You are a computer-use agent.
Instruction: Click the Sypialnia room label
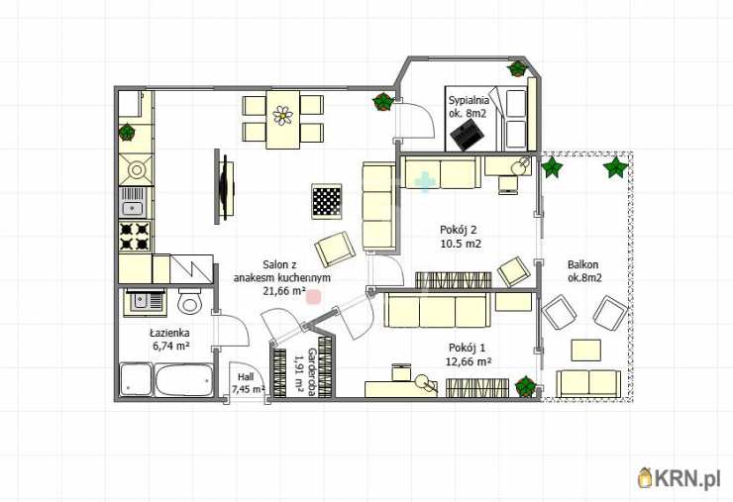click(469, 100)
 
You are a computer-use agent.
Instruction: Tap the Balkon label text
click(583, 264)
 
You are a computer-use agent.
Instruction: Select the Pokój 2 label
click(458, 230)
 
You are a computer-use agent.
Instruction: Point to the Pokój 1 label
click(467, 348)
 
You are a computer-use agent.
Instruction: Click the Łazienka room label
click(169, 334)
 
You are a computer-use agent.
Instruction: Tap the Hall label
click(246, 376)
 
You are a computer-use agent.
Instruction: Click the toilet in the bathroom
click(189, 301)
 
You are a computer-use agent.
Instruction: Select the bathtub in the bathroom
click(183, 380)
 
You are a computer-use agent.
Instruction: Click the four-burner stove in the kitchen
click(135, 236)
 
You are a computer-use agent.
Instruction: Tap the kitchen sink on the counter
click(134, 201)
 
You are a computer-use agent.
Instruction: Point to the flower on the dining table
click(283, 116)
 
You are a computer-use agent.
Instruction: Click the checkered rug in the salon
click(327, 201)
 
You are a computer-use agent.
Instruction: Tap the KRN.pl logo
click(680, 477)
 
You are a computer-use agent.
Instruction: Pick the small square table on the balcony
click(586, 351)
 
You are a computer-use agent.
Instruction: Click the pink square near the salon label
click(313, 296)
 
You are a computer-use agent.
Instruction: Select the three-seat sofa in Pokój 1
click(437, 310)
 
